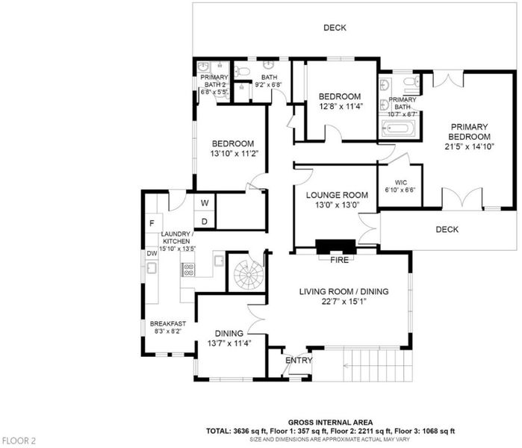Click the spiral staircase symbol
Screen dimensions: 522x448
pos(249,275)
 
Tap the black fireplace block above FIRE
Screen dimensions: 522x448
pos(336,247)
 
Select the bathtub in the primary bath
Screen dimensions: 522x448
pos(399,128)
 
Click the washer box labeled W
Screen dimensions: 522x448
pos(205,202)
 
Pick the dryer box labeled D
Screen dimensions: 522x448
pos(205,220)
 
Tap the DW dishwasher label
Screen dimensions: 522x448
pos(152,254)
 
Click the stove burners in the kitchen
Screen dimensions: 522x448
pos(188,270)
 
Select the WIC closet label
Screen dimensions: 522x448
pos(401,182)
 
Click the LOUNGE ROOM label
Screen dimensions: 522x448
pos(337,195)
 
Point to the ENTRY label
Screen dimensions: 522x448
pos(299,360)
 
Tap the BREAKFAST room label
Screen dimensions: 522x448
pos(168,323)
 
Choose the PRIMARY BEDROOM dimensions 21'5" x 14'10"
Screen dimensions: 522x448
pos(469,146)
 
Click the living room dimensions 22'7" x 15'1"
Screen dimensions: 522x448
pos(344,302)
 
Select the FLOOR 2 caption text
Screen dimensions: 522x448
pos(19,441)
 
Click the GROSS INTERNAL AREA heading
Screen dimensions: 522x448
pos(330,423)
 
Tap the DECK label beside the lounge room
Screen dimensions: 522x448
pos(447,229)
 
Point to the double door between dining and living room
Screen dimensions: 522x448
pos(257,319)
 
